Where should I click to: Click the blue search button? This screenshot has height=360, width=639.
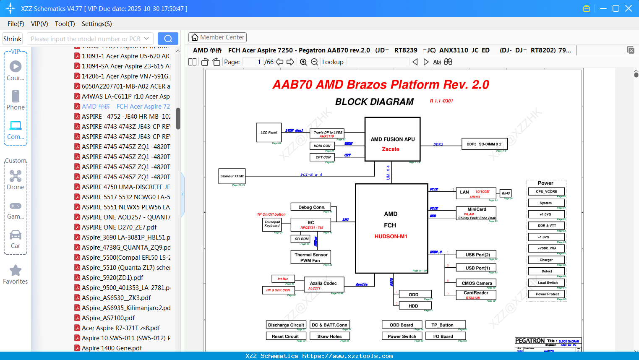(x=168, y=39)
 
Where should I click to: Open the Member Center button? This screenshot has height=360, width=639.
(x=217, y=37)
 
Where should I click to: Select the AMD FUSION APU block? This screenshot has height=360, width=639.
(x=392, y=139)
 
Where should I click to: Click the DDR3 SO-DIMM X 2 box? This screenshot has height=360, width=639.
(x=484, y=144)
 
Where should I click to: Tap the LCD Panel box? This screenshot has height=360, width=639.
(x=269, y=133)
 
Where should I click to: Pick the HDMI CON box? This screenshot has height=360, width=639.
(x=322, y=146)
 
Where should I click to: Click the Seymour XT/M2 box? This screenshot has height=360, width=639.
(x=232, y=176)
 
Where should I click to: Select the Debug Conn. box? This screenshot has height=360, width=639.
(x=311, y=207)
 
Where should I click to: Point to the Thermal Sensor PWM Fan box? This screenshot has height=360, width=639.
(x=311, y=257)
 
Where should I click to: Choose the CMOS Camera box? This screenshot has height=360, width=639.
(x=477, y=283)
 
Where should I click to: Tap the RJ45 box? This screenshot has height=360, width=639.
(x=506, y=193)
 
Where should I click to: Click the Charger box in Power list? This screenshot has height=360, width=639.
(x=546, y=260)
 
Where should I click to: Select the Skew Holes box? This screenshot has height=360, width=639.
(x=329, y=336)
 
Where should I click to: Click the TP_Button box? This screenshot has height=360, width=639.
(x=445, y=325)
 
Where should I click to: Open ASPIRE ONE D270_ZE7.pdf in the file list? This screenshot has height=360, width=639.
(x=119, y=227)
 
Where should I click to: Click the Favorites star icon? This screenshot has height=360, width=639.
(x=16, y=271)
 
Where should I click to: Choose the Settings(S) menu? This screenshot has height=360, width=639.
(x=97, y=24)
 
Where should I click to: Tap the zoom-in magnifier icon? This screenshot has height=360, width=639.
(x=303, y=62)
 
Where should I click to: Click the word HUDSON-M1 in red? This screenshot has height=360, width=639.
(x=391, y=236)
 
